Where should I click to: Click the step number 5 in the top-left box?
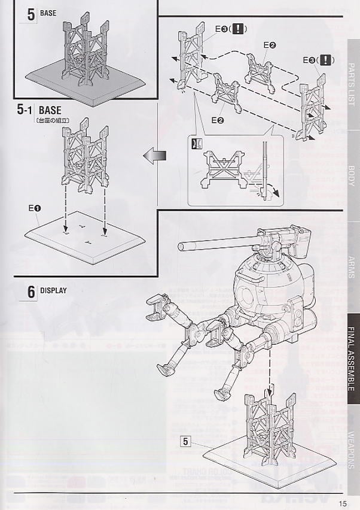coord(30,14)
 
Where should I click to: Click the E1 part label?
coord(33,208)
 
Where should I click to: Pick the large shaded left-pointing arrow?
coord(154,157)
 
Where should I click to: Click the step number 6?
coord(30,292)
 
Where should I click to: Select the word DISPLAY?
coord(53,291)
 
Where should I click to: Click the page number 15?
coord(343,503)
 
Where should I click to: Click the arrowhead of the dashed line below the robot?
coord(269,393)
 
